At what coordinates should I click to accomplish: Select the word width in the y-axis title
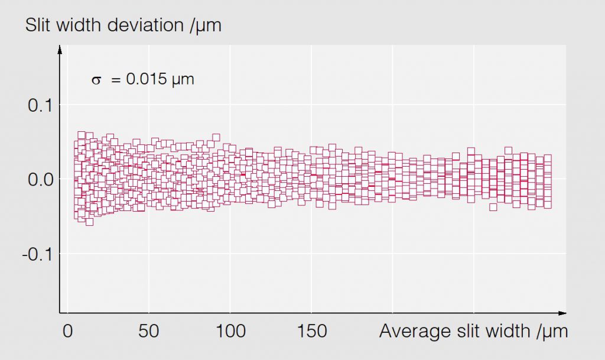78,25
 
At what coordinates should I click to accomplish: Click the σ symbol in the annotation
96,79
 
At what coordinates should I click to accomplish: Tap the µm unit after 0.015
183,80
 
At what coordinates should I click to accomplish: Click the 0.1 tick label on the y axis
40,106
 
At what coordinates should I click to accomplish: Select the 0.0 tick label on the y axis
40,179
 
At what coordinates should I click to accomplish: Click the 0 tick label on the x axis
67,331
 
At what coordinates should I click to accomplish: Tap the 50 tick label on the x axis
148,331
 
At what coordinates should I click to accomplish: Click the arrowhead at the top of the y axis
60,49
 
